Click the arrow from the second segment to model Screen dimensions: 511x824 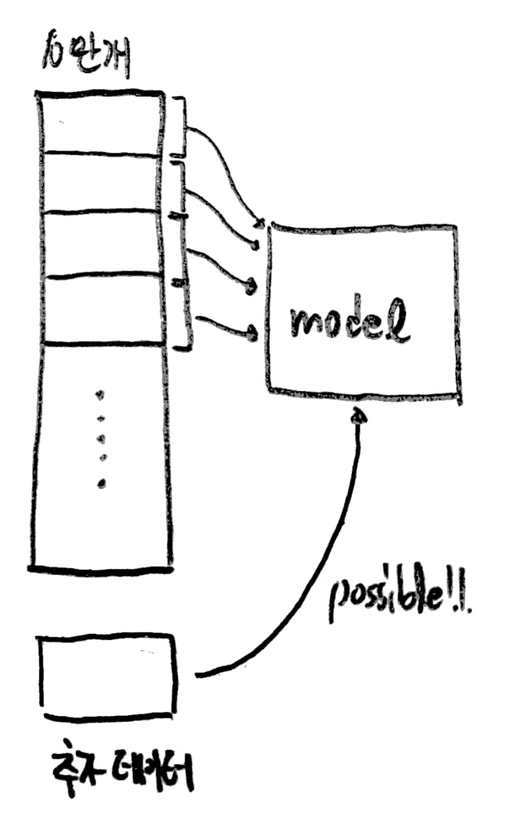pos(223,215)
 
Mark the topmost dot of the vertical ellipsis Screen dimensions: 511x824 pos(101,394)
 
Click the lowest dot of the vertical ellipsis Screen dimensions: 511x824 pos(102,484)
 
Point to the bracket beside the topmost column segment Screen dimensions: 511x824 pos(182,126)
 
